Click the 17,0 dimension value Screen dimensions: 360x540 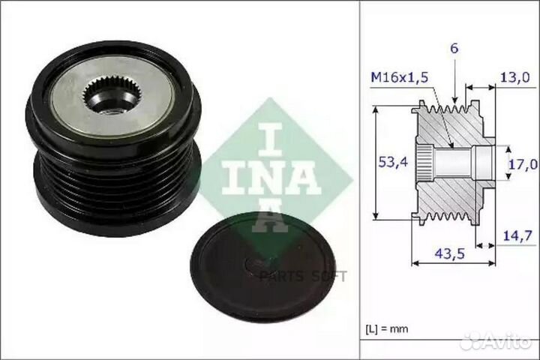(523, 164)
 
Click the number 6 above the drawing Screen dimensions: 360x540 (454, 48)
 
